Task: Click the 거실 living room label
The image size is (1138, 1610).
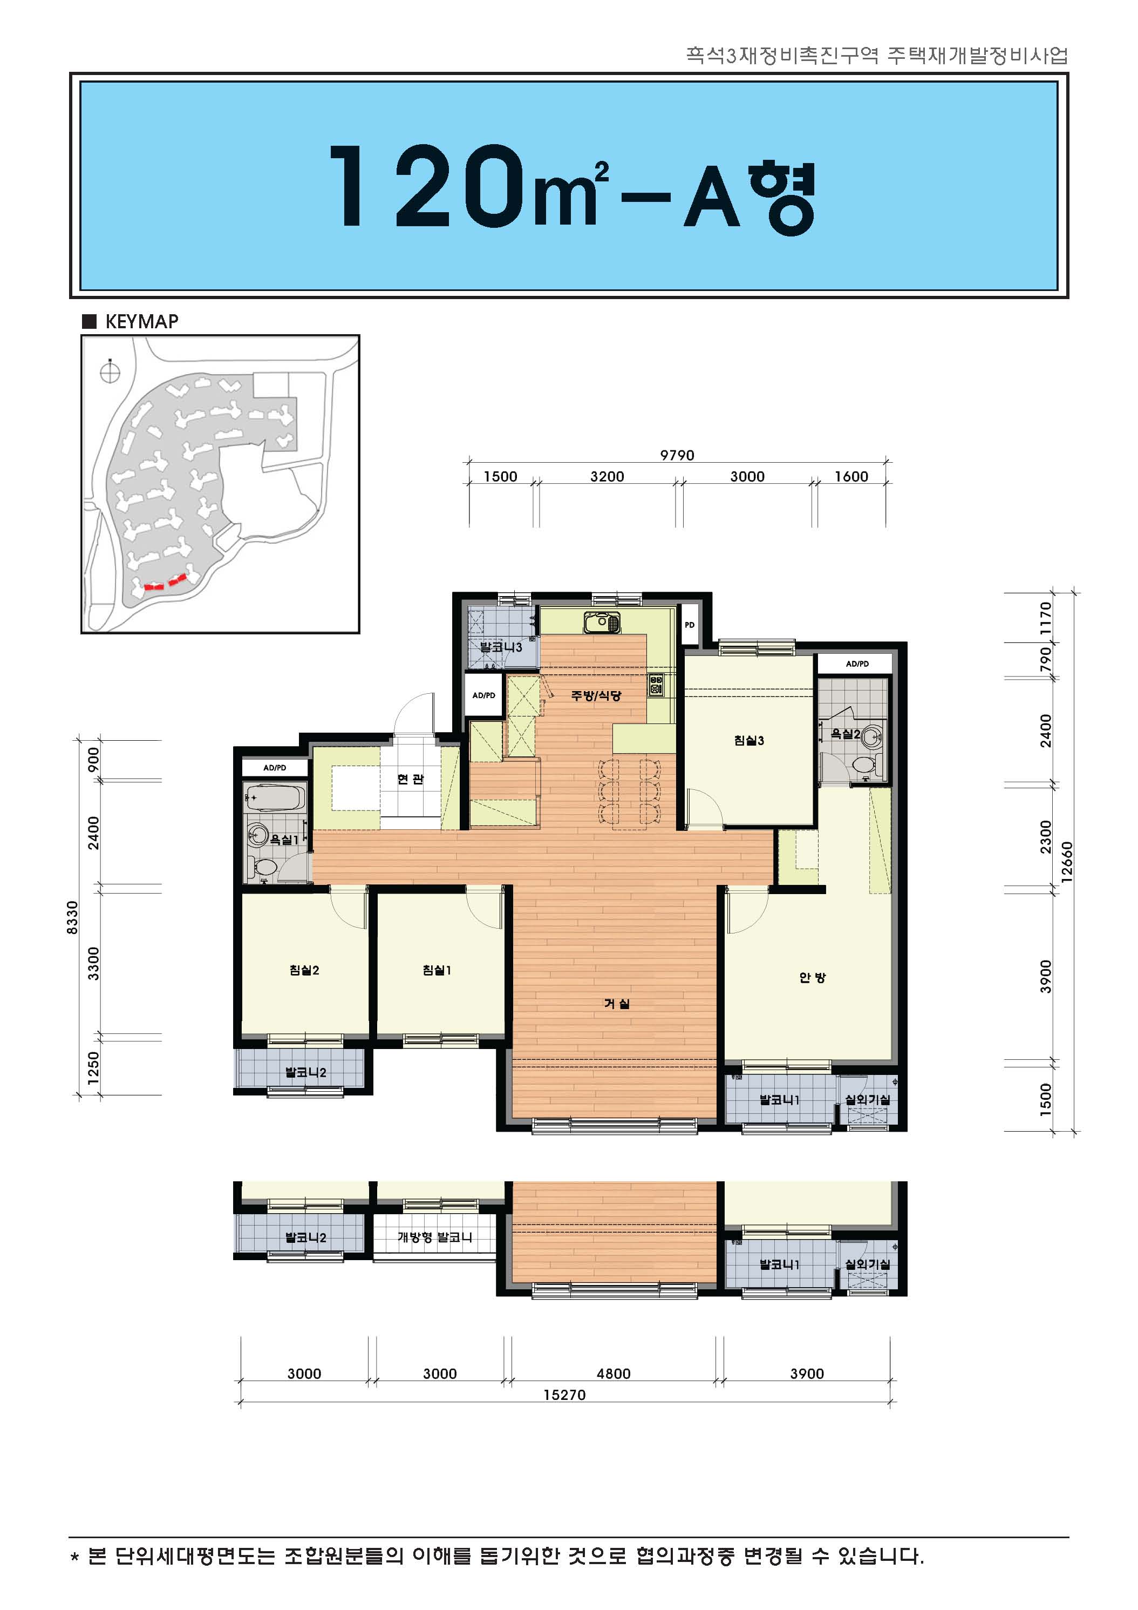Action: (617, 1004)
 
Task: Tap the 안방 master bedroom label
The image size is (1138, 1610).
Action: (813, 977)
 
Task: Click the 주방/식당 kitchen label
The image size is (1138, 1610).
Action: (596, 695)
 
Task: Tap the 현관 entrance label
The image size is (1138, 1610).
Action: (411, 779)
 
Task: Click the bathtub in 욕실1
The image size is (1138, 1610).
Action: (275, 798)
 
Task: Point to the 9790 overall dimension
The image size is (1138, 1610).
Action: (677, 455)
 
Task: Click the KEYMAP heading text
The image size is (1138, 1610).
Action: (141, 321)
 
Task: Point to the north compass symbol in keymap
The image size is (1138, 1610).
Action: (110, 371)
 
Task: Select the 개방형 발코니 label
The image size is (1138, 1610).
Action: (434, 1237)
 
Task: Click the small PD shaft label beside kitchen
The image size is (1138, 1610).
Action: (690, 624)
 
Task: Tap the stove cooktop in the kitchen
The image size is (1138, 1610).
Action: (656, 685)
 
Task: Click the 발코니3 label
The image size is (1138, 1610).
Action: (501, 646)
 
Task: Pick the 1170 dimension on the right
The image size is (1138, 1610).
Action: (1046, 618)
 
